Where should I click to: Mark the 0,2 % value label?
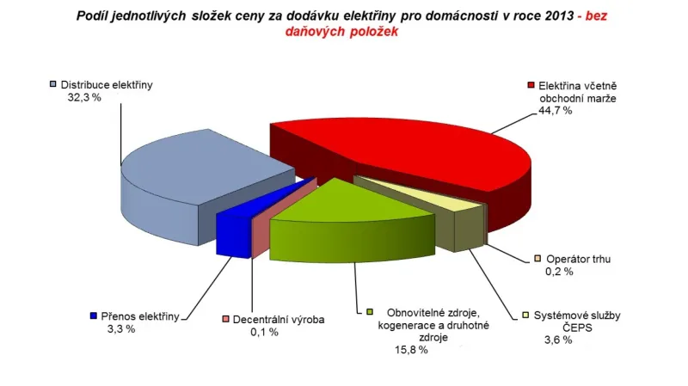558,272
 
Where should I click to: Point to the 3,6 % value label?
556,340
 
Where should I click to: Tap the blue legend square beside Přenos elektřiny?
94,316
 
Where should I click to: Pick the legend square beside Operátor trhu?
537,258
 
